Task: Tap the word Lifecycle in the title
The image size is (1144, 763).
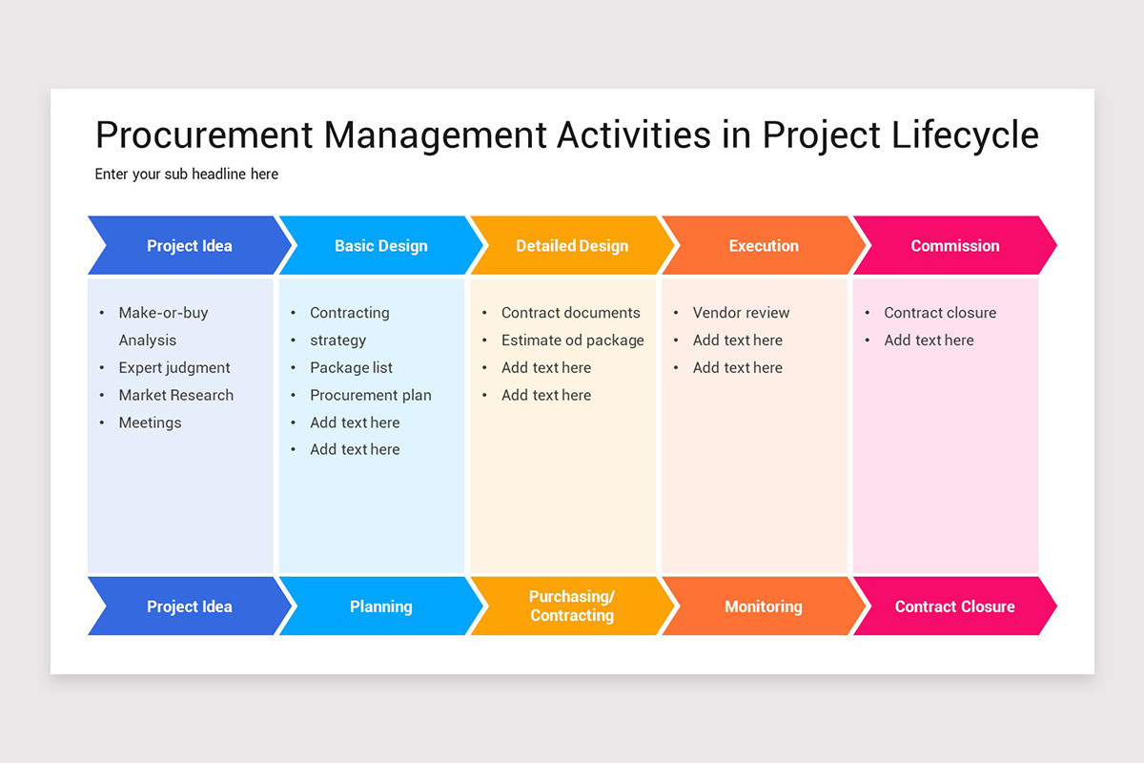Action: (x=964, y=135)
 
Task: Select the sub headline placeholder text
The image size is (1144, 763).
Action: (x=187, y=174)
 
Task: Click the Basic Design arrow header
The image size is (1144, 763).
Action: (x=380, y=246)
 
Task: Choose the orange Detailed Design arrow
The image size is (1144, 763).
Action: (x=572, y=246)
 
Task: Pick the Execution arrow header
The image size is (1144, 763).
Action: (x=764, y=246)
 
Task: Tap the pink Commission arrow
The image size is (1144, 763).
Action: (x=954, y=246)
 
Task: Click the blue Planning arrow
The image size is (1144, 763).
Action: (x=380, y=607)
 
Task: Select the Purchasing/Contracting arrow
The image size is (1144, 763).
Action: (x=572, y=607)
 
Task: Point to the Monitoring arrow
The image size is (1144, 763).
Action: (x=764, y=607)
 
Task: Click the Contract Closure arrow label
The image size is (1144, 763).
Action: (x=954, y=607)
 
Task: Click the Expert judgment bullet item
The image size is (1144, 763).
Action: (x=174, y=368)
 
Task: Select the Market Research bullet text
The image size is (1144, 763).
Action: (x=176, y=395)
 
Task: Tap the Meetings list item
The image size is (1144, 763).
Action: (x=150, y=423)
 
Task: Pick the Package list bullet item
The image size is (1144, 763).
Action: (x=351, y=368)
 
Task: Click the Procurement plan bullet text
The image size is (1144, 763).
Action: (x=371, y=395)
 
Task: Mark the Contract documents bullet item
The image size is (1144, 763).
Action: (x=571, y=313)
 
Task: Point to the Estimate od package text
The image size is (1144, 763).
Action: (x=573, y=340)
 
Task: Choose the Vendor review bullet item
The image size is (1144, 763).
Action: (x=741, y=313)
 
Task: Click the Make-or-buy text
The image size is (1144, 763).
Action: (x=163, y=313)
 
